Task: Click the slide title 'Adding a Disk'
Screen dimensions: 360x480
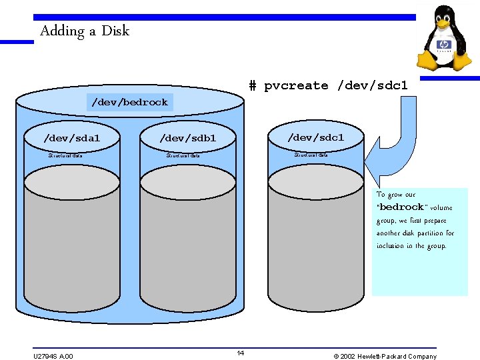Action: (84, 31)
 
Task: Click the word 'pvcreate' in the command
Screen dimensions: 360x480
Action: (296, 85)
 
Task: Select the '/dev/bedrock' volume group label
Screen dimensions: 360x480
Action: (129, 102)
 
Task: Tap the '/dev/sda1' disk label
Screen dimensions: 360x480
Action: (71, 138)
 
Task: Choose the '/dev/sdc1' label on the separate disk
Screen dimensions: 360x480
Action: (315, 137)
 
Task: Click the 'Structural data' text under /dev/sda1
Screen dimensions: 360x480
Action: (65, 155)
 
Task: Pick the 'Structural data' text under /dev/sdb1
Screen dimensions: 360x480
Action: (183, 155)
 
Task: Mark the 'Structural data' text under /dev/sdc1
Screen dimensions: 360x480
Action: (311, 155)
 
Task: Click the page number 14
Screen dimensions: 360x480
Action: (241, 353)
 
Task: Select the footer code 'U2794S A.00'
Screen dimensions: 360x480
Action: (53, 356)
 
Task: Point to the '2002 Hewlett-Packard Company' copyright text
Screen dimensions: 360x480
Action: (388, 356)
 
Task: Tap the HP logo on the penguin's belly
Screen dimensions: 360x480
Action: (444, 46)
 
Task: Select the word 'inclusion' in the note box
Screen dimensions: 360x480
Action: (391, 246)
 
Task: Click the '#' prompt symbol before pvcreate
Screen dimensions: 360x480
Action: (253, 85)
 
